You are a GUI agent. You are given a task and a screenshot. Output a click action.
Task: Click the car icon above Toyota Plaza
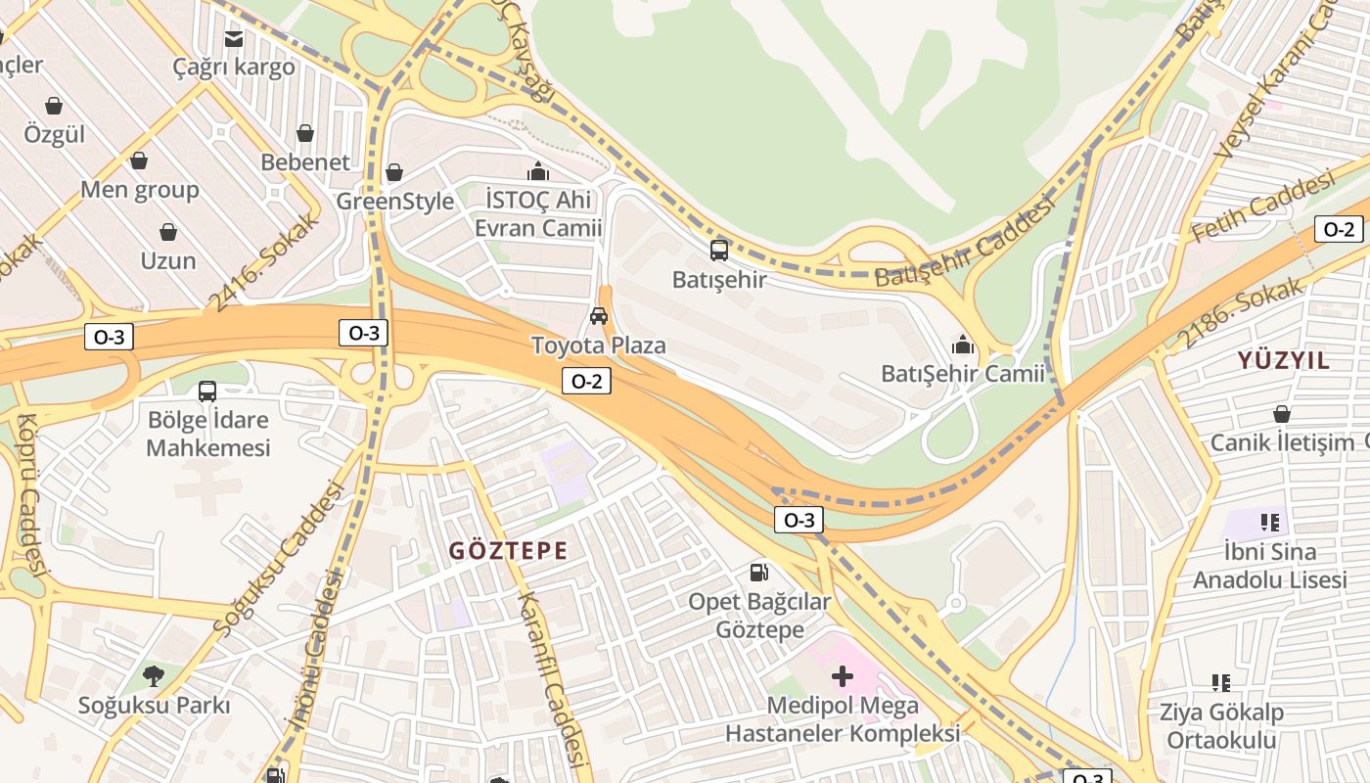pos(599,316)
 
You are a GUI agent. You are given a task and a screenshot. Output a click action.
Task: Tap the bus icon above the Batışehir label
pos(719,251)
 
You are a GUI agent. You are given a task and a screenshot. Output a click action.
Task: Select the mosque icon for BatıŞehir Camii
pos(963,345)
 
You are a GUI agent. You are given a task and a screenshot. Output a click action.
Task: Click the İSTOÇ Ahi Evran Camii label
pos(537,213)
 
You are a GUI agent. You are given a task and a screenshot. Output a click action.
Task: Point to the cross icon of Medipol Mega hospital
pos(843,676)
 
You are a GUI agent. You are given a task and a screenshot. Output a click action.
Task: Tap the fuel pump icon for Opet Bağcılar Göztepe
pos(758,572)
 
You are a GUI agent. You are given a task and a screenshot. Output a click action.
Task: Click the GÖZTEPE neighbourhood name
pos(508,550)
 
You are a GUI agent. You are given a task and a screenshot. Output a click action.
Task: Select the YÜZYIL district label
pos(1284,360)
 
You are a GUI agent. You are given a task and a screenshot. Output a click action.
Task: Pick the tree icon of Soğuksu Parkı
pos(153,675)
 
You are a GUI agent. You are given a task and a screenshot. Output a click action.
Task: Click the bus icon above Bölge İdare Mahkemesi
pos(207,391)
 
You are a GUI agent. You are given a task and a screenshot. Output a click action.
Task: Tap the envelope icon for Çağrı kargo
pos(234,39)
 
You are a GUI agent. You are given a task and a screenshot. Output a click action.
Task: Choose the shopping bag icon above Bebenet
pos(305,133)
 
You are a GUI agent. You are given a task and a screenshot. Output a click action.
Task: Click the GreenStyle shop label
pos(395,202)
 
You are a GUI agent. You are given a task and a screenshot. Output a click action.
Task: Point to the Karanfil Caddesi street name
pos(552,679)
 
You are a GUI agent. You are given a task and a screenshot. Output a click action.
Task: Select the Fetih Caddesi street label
pos(1262,207)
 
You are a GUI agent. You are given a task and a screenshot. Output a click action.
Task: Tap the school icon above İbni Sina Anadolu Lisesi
pos(1270,523)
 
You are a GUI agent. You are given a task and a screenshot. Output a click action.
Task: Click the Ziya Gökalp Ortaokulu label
pos(1221,725)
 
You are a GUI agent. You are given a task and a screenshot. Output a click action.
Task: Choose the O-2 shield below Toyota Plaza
pos(586,382)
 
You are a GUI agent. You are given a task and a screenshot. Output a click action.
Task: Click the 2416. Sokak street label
pos(264,261)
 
